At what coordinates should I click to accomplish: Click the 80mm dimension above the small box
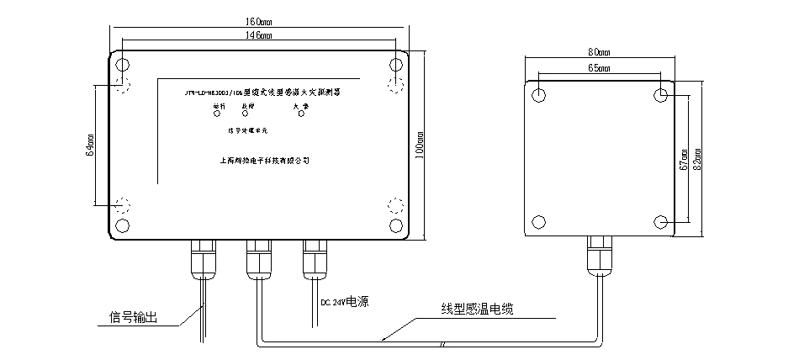coord(598,52)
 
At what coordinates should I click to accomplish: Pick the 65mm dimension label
coord(598,67)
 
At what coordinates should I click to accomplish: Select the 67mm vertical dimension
coord(681,157)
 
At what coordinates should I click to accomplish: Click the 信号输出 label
coord(134,318)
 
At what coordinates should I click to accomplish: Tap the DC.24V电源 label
coord(347,299)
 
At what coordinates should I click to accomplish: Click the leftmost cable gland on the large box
coord(203,257)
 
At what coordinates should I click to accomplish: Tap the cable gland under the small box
coord(598,253)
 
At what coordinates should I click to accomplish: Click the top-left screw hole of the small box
coord(539,94)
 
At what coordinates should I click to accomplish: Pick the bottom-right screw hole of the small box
coord(662,220)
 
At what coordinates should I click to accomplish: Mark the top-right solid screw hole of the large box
coord(395,66)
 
